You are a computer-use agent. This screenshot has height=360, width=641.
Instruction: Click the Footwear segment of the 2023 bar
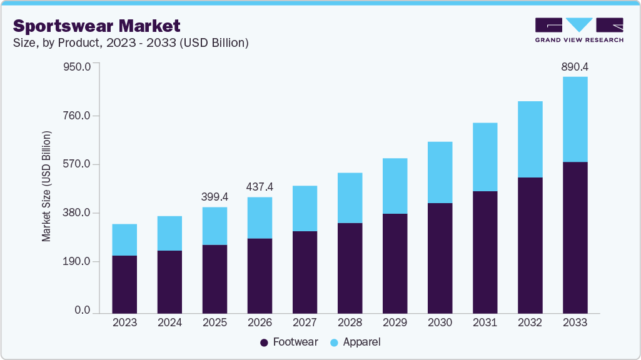(x=124, y=284)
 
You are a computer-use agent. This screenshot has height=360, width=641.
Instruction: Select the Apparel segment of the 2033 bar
(x=575, y=119)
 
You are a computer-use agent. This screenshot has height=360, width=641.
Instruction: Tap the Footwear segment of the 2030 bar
(x=440, y=257)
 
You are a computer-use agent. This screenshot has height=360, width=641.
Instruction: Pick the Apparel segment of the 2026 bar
(x=260, y=217)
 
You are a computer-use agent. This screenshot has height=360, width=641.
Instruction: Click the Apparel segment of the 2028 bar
(x=350, y=197)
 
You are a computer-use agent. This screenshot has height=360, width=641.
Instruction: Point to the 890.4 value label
(x=575, y=66)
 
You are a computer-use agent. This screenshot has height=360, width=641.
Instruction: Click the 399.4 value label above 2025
(x=215, y=197)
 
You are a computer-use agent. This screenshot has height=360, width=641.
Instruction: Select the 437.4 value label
(x=260, y=187)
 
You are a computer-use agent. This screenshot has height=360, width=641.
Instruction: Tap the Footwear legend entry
(x=289, y=342)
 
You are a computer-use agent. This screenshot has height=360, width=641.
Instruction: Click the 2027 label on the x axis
(x=305, y=322)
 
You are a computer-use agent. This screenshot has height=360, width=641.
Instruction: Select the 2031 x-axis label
(x=485, y=322)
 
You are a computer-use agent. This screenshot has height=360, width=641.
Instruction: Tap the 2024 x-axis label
(x=169, y=322)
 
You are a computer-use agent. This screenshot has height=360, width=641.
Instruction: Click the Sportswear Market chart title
(x=97, y=26)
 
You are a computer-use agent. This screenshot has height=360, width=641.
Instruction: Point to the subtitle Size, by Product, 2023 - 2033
(x=131, y=42)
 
